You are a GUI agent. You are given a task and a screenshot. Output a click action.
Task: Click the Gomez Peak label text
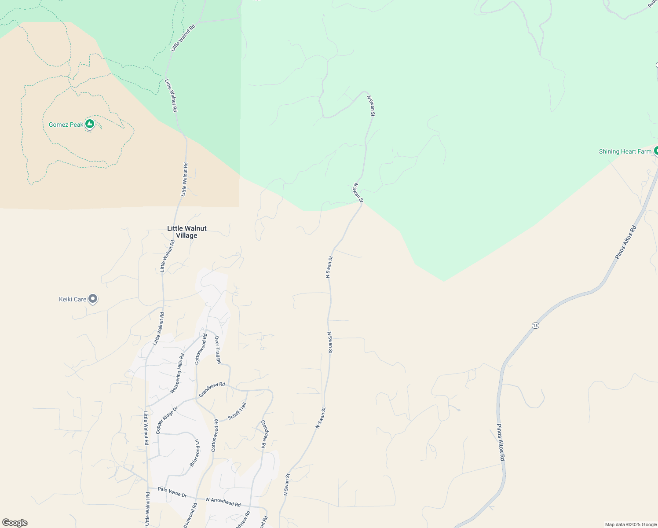66,125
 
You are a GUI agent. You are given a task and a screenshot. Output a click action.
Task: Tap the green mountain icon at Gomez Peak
90,124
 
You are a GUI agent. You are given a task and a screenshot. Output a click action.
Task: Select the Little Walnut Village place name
186,232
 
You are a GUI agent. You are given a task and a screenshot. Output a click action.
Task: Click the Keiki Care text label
73,299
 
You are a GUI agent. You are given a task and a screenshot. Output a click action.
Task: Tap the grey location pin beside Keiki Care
93,299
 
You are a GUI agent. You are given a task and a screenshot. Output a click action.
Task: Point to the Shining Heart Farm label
625,151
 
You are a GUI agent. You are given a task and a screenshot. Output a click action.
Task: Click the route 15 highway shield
535,326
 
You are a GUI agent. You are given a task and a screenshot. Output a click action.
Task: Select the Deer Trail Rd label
218,350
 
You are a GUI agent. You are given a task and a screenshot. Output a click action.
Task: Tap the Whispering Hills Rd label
178,373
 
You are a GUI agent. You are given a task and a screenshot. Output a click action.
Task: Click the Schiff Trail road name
237,411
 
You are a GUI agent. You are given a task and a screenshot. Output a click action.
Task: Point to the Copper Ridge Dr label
167,420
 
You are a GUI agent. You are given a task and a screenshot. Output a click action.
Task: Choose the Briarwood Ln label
194,453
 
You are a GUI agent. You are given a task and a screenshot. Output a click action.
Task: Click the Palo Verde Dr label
172,492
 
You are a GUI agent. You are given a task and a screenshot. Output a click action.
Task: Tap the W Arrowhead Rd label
223,502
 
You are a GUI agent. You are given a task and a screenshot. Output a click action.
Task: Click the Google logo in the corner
15,523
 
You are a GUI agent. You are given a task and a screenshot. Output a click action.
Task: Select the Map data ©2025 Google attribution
631,524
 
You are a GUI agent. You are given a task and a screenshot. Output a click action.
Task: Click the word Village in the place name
186,235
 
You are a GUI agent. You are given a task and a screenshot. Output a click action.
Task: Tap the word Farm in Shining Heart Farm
644,151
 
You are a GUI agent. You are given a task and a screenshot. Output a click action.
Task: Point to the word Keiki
66,299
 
